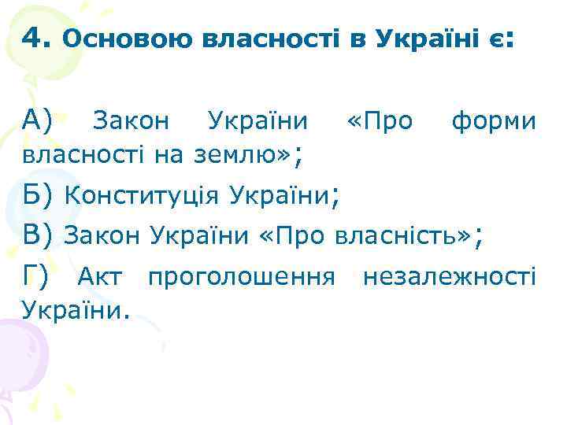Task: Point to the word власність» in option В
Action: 403,235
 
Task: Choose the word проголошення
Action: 243,277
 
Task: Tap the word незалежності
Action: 449,277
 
